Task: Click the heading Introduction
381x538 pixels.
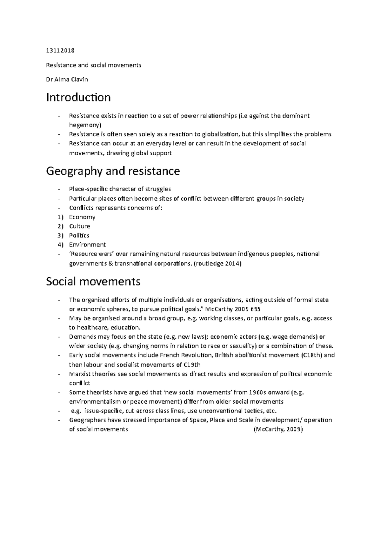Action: coord(78,97)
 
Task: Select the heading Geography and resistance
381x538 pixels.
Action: coord(113,171)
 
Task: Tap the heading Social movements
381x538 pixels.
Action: coord(93,281)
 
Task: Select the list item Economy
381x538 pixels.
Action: coord(82,217)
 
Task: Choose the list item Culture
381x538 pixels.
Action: coord(80,226)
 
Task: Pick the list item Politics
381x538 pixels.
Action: coord(79,235)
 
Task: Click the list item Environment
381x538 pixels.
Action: coord(87,245)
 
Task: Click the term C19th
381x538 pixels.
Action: coord(192,364)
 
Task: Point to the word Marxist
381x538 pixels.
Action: coord(79,374)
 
